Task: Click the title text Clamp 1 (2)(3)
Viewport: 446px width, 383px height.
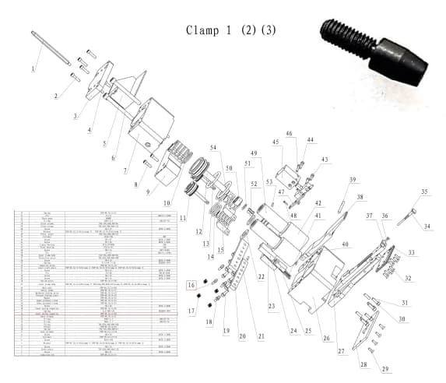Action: [x=230, y=30]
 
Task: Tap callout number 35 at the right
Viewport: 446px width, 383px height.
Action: [x=424, y=191]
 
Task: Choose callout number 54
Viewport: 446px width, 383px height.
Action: [x=214, y=147]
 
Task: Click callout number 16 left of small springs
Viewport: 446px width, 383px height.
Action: [x=191, y=286]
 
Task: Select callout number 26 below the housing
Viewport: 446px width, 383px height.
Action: [x=326, y=339]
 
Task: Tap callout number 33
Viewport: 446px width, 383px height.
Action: [x=413, y=252]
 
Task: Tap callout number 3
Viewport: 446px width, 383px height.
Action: [x=76, y=116]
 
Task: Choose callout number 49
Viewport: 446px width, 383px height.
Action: [x=253, y=153]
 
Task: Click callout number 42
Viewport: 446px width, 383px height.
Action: [x=318, y=203]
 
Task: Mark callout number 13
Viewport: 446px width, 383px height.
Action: [x=205, y=244]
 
